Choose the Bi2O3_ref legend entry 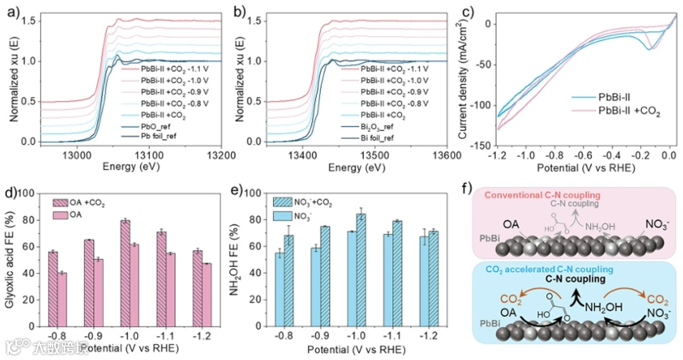click(x=378, y=126)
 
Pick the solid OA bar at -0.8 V click(x=62, y=299)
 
